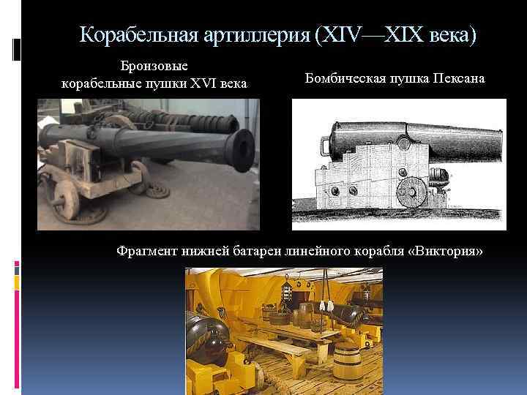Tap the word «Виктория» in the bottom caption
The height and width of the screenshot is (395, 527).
click(447, 252)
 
